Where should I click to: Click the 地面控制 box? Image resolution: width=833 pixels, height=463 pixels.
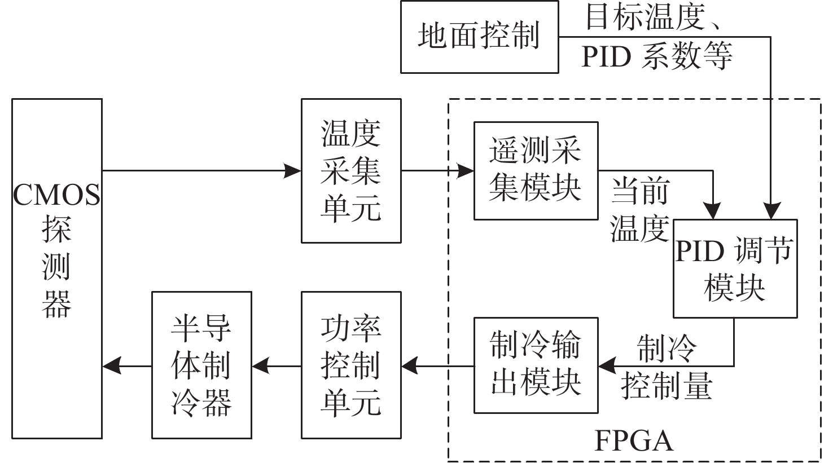point(479,37)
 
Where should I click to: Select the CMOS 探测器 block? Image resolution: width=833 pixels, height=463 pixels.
point(57,268)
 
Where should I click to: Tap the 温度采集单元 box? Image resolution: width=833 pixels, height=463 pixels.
point(351,171)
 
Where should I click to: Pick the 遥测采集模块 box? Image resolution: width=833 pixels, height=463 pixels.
point(535,170)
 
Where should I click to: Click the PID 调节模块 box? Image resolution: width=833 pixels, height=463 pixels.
point(735,268)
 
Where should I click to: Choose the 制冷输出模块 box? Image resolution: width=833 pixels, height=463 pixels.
point(535,365)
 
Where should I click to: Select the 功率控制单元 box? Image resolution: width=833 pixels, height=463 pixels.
point(351,365)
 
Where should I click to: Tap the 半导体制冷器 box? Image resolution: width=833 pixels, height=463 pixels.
point(201,365)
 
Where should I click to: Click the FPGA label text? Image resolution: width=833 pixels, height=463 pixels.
point(634,440)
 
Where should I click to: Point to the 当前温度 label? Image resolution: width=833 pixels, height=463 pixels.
point(640,209)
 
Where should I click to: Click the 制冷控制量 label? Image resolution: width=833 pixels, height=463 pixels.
point(667,366)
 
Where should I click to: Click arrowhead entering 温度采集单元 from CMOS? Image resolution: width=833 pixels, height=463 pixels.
point(293,170)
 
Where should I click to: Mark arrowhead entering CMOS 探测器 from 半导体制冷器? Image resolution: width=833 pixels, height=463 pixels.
point(111,366)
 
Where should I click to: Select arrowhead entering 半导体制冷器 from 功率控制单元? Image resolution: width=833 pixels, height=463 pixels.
point(260,366)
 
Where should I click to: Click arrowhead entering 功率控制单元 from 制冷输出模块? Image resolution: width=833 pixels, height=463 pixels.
point(410,366)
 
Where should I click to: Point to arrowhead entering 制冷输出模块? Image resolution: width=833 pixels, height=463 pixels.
point(607,366)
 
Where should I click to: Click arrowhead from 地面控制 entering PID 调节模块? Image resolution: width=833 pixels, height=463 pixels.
point(771,211)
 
